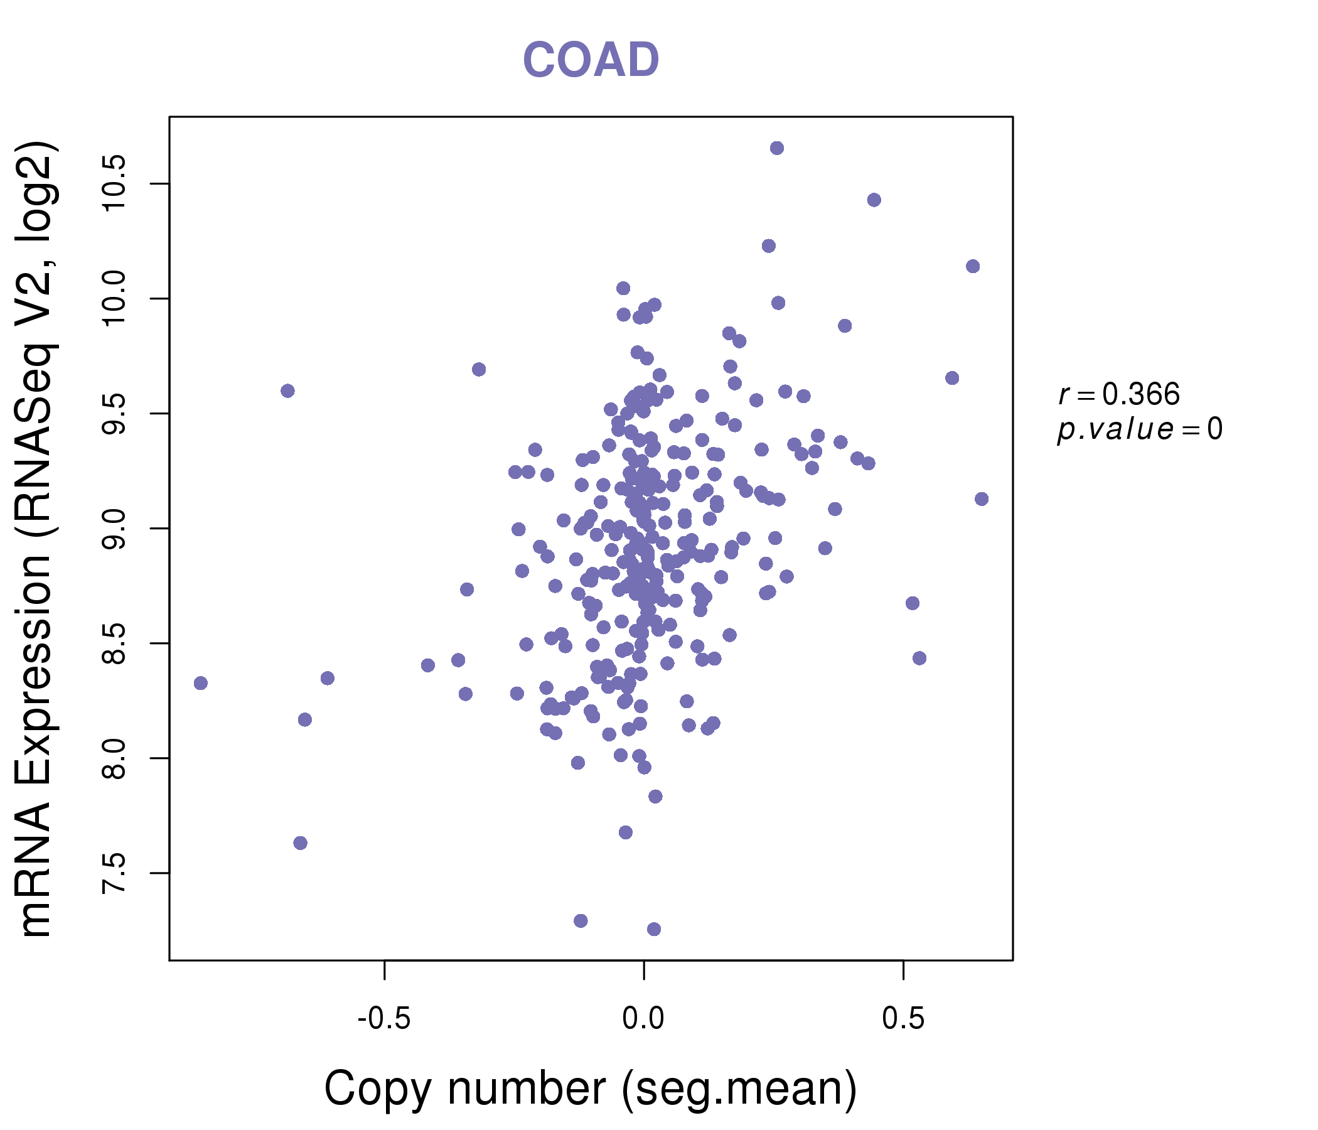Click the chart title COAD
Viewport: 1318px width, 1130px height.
[591, 60]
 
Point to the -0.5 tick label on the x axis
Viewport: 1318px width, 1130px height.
[384, 1020]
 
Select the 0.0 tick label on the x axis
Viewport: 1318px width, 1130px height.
[643, 1020]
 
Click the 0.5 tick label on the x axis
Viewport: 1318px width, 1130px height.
[903, 1020]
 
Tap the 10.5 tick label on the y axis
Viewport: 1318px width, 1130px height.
[115, 185]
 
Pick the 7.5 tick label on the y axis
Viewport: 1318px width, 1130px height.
[115, 873]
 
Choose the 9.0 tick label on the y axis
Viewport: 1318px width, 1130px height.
[115, 529]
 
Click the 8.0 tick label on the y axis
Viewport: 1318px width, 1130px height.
[115, 758]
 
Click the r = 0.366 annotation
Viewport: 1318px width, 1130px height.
[1119, 394]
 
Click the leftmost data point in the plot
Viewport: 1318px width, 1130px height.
[200, 684]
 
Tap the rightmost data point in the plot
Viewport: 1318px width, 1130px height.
[982, 499]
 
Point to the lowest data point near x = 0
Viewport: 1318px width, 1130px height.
[654, 930]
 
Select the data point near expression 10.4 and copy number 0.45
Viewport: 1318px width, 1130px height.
[874, 200]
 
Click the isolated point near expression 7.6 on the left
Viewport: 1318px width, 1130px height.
[300, 843]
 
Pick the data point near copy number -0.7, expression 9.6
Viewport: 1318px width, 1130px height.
[287, 390]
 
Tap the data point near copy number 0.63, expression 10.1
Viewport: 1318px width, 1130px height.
[973, 266]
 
